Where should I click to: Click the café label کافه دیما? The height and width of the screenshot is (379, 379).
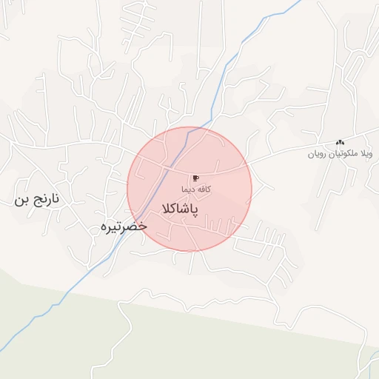(x=197, y=189)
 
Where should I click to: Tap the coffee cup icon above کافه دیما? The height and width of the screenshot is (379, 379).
(x=196, y=178)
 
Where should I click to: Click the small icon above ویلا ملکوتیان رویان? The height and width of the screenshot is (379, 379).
(x=340, y=142)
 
